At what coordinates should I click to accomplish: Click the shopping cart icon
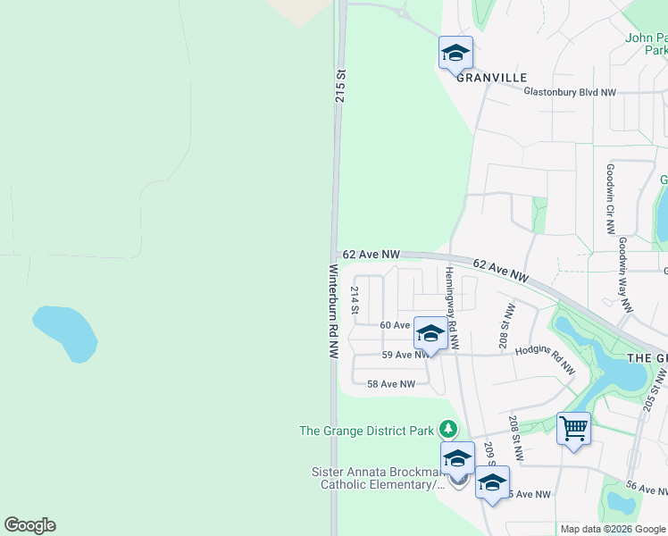(573, 430)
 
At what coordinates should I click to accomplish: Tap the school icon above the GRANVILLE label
(455, 53)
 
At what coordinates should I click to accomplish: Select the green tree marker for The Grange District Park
(449, 430)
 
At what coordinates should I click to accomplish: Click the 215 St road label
(340, 85)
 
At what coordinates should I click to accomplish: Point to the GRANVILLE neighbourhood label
(492, 77)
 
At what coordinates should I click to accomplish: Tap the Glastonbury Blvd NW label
(570, 92)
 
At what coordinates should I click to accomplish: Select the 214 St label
(355, 301)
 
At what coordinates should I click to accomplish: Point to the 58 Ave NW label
(391, 384)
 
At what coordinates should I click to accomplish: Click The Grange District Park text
(366, 431)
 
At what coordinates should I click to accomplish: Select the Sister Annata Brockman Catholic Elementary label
(377, 478)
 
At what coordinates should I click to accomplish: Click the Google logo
(29, 525)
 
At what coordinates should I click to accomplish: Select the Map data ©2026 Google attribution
(614, 529)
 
